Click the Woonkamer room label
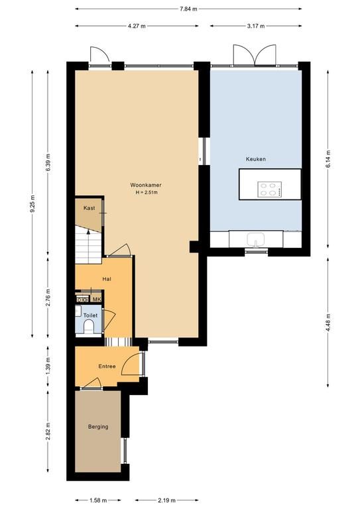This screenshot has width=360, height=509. click(146, 185)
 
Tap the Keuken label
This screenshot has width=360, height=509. click(256, 159)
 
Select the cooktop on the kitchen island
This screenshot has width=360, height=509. click(270, 190)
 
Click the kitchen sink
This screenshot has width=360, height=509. click(256, 240)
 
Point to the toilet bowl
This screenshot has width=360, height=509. click(88, 327)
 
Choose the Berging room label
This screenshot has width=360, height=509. click(98, 427)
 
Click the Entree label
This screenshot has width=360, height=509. click(107, 366)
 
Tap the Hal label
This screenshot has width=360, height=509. click(107, 279)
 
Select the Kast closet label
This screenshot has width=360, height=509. click(89, 207)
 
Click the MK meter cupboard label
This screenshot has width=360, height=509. click(97, 300)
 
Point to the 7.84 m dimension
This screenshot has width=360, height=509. click(188, 9)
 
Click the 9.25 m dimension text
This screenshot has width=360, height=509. click(32, 204)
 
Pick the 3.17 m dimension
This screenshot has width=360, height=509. click(255, 26)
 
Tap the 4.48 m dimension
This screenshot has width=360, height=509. click(328, 322)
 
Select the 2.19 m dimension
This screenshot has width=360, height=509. click(166, 500)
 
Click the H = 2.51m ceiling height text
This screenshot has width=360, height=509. click(147, 192)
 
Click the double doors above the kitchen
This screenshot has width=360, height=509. click(255, 55)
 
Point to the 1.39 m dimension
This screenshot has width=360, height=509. click(48, 366)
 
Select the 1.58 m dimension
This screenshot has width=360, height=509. click(98, 500)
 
